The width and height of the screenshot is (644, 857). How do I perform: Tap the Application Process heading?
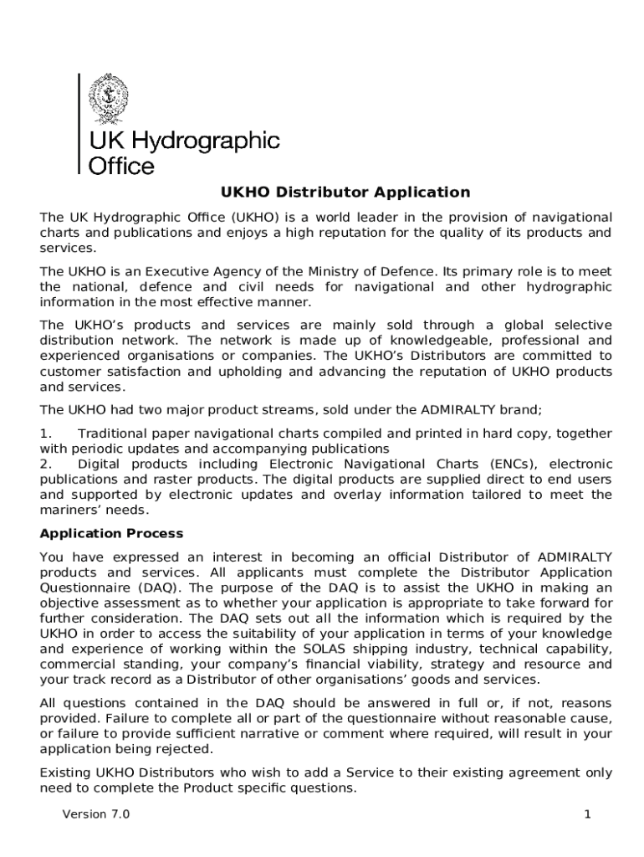pyautogui.click(x=111, y=533)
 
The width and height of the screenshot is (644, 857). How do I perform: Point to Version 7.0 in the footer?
pyautogui.click(x=96, y=814)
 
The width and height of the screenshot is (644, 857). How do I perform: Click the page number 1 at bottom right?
pyautogui.click(x=588, y=814)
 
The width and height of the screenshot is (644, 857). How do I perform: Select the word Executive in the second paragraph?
pyautogui.click(x=151, y=271)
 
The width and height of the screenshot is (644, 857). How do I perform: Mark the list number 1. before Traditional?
pyautogui.click(x=46, y=434)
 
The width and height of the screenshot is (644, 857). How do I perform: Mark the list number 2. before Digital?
pyautogui.click(x=46, y=464)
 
